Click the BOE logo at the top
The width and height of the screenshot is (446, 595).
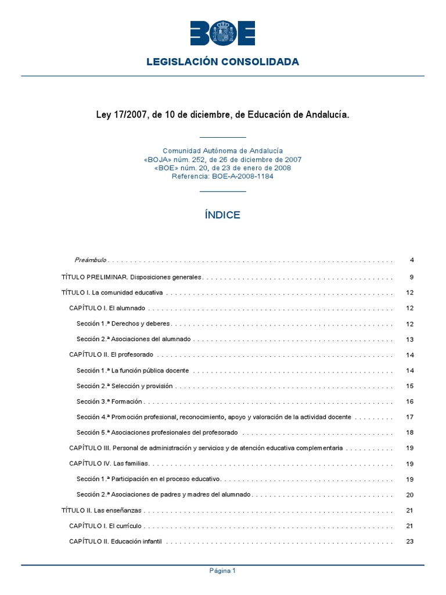pyautogui.click(x=222, y=33)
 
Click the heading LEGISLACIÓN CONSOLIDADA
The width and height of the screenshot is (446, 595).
pyautogui.click(x=222, y=62)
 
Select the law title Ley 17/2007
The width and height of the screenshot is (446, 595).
pyautogui.click(x=222, y=115)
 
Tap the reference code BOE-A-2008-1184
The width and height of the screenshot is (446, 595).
pyautogui.click(x=222, y=177)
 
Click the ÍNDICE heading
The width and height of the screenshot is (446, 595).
pyautogui.click(x=222, y=215)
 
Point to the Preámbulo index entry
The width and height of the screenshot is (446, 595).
pyautogui.click(x=90, y=260)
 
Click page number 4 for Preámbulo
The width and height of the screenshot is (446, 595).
pyautogui.click(x=411, y=260)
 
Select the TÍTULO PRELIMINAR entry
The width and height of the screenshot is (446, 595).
pyautogui.click(x=131, y=277)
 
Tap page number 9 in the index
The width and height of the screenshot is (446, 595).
pyautogui.click(x=411, y=277)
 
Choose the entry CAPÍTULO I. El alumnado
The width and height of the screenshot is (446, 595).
pyautogui.click(x=107, y=308)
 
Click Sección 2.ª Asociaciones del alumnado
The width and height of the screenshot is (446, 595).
pyautogui.click(x=134, y=339)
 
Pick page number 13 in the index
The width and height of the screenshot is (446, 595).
pyautogui.click(x=410, y=339)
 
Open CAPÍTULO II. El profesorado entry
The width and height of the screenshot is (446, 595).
pyautogui.click(x=111, y=354)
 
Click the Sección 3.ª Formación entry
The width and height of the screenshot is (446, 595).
pyautogui.click(x=109, y=402)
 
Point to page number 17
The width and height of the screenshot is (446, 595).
pyautogui.click(x=410, y=417)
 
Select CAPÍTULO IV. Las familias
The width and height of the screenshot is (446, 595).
pyautogui.click(x=109, y=464)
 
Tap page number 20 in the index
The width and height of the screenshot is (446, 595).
pyautogui.click(x=410, y=495)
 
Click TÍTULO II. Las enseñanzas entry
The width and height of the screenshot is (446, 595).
pyautogui.click(x=102, y=510)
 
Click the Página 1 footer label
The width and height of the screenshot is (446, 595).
pyautogui.click(x=222, y=571)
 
